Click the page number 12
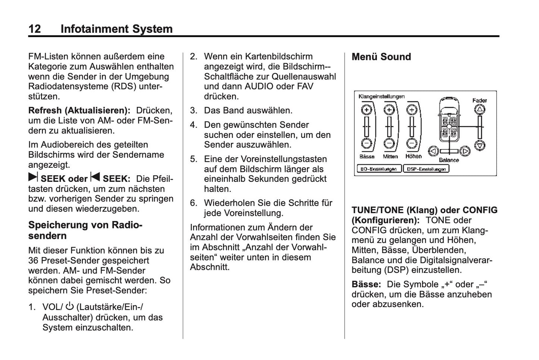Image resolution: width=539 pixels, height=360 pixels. (x=35, y=29)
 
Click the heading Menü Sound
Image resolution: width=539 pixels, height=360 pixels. (x=381, y=57)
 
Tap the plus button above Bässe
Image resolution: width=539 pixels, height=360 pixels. (x=367, y=110)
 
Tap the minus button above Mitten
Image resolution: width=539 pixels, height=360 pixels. (x=389, y=143)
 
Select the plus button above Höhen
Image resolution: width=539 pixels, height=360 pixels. (x=411, y=110)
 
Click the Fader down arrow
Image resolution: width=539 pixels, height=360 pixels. (x=480, y=145)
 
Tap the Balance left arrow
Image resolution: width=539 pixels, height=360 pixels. (x=433, y=151)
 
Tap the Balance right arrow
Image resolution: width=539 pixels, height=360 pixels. (x=464, y=151)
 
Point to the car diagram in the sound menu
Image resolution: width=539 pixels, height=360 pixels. (x=449, y=120)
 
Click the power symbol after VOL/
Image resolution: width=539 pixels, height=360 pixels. (x=70, y=307)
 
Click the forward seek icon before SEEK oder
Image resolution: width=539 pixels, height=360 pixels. (x=33, y=178)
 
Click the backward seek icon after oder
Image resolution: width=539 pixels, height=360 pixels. (x=95, y=178)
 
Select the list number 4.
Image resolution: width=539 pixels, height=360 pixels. (x=193, y=125)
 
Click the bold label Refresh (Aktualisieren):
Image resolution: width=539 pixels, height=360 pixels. (x=79, y=111)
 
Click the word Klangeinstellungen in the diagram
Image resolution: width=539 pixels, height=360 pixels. (x=381, y=97)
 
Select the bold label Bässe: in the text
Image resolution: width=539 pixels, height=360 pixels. (x=366, y=284)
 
